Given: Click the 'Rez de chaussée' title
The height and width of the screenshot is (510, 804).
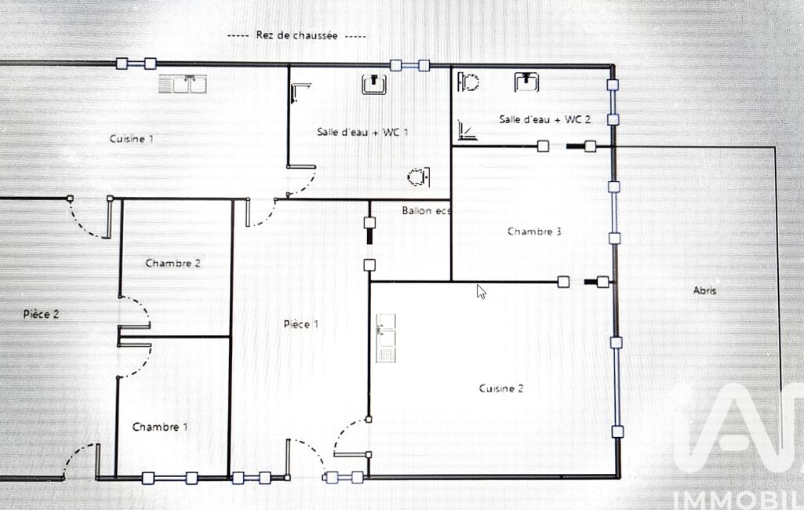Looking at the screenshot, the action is [296, 35].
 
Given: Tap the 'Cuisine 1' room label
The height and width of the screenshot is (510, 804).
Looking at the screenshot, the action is [131, 139].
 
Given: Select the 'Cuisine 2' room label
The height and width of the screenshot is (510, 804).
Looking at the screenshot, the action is [501, 388].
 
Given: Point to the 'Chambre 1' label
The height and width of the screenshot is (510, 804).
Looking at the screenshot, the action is [160, 427].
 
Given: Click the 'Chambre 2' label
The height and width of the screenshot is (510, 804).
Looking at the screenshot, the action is [173, 263].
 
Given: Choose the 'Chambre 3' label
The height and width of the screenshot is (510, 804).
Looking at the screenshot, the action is [534, 231].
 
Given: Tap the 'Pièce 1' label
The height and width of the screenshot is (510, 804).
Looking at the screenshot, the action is [301, 324].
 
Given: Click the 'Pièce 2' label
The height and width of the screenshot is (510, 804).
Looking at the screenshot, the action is [41, 314].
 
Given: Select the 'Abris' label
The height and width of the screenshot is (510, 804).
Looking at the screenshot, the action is [704, 290].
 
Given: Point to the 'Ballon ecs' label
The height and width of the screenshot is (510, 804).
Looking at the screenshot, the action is [426, 211].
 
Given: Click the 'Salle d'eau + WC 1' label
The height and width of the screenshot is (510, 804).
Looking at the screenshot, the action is [362, 132].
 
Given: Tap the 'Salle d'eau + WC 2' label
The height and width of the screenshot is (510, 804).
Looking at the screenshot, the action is [545, 119].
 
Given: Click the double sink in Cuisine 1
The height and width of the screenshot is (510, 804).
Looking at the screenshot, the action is [183, 84].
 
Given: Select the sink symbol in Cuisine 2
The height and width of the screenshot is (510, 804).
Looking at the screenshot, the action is [386, 338].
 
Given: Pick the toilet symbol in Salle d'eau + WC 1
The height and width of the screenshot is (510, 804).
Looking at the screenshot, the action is [419, 177].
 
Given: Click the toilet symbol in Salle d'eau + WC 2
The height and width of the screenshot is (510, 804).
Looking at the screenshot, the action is [468, 82].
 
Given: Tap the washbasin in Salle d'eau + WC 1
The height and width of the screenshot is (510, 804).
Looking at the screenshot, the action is [374, 84].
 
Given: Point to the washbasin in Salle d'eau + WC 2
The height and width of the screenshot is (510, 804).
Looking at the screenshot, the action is [526, 82].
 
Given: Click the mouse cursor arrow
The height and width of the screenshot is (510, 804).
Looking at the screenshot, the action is [481, 291].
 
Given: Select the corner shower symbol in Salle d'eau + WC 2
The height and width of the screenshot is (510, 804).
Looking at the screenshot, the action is [467, 130].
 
